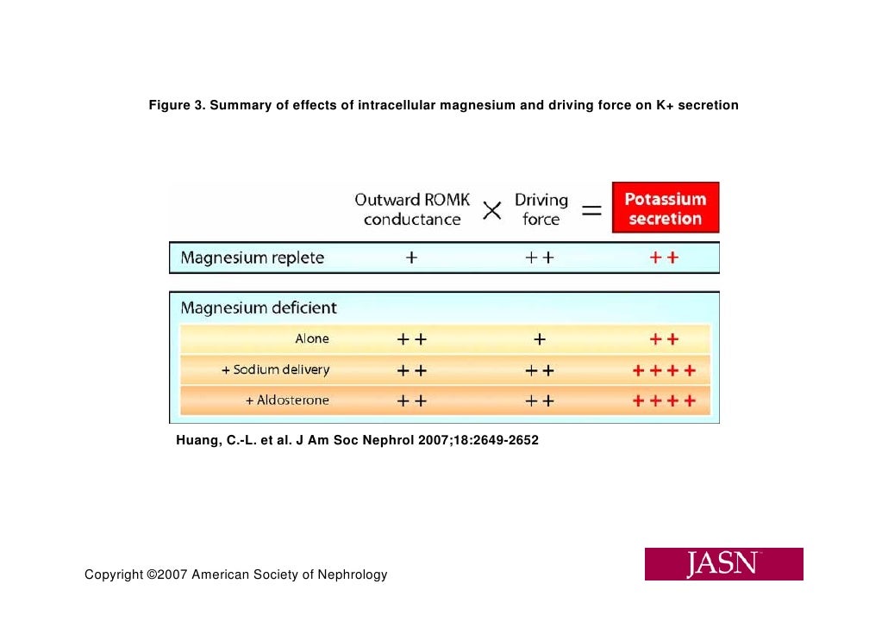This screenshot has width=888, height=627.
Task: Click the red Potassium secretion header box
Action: [x=665, y=208]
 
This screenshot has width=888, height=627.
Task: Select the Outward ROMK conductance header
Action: [x=412, y=209]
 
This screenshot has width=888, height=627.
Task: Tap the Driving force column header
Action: [x=541, y=209]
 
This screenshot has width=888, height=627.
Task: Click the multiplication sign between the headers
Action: [x=491, y=211]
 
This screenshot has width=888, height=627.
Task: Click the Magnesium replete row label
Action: [x=252, y=258]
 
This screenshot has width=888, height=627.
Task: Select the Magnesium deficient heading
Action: [x=258, y=307]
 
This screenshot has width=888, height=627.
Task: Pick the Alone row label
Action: [x=312, y=339]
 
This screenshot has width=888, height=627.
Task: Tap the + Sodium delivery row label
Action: [x=275, y=369]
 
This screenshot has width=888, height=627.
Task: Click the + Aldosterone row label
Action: [x=287, y=400]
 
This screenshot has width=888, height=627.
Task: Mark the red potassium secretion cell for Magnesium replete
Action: [x=664, y=258]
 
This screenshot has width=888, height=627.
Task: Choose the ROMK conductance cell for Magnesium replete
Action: [x=411, y=258]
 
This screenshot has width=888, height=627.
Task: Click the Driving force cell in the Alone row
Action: [x=540, y=339]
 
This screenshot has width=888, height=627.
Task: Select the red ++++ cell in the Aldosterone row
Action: [x=664, y=400]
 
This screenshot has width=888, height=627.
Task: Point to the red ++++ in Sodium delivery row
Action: [x=664, y=370]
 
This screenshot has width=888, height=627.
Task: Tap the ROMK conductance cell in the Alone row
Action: [x=411, y=339]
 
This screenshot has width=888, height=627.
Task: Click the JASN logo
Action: [x=723, y=564]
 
